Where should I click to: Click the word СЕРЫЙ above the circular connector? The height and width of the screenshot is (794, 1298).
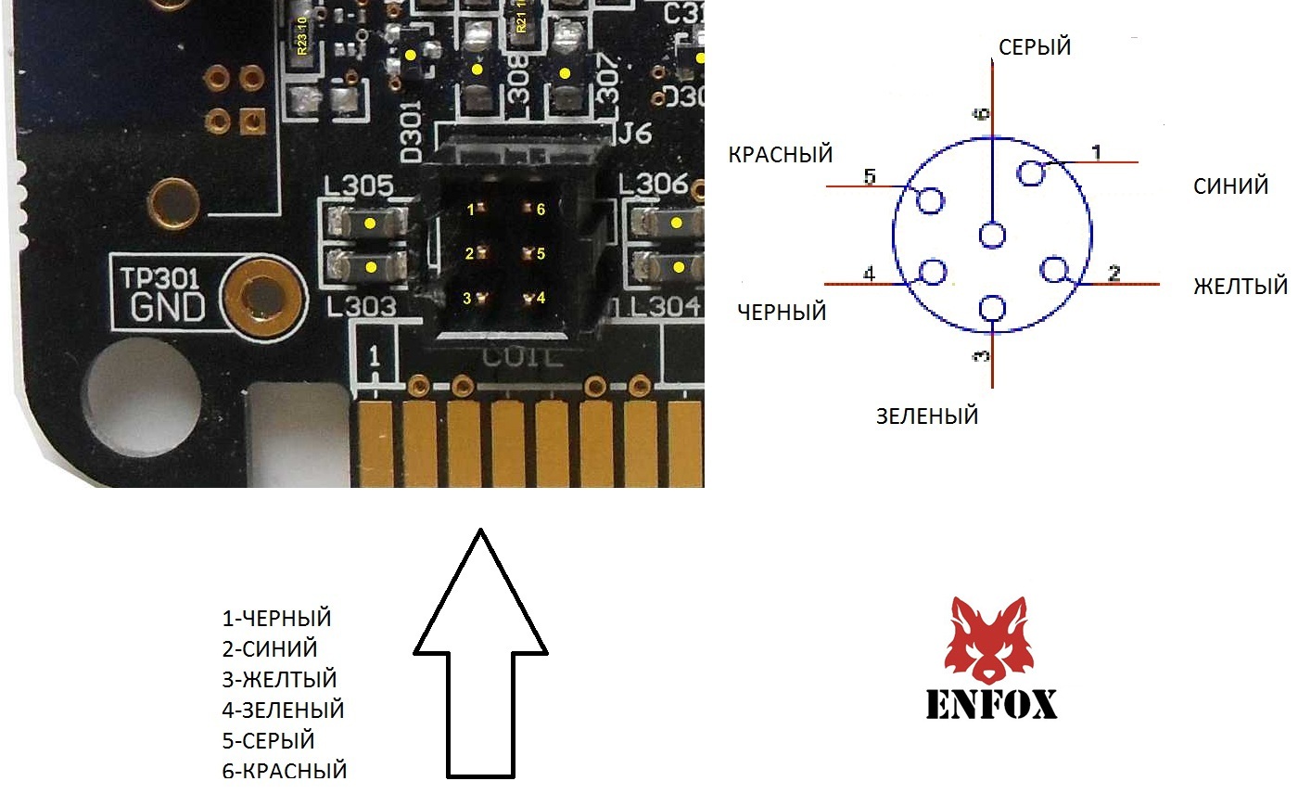[1035, 46]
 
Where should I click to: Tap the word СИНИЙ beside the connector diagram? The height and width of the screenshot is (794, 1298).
[1231, 186]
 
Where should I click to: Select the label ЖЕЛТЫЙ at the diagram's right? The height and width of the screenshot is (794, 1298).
[1241, 286]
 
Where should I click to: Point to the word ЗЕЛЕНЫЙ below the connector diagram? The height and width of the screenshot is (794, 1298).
[927, 416]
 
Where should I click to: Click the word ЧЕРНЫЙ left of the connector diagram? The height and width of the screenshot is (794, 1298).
[782, 312]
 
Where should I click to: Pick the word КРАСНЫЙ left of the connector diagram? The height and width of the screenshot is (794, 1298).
[781, 154]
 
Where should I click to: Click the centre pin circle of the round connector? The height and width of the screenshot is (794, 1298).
[992, 236]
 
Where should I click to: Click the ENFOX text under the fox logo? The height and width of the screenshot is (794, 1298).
[991, 704]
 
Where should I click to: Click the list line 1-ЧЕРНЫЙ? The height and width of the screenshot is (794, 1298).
[276, 619]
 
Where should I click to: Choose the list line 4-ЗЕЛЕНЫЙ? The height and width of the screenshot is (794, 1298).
[283, 711]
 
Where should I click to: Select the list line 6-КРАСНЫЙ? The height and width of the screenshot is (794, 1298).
[284, 770]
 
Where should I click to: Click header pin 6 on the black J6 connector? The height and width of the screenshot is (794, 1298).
[528, 210]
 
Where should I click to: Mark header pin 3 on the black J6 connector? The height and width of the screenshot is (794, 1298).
[479, 297]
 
